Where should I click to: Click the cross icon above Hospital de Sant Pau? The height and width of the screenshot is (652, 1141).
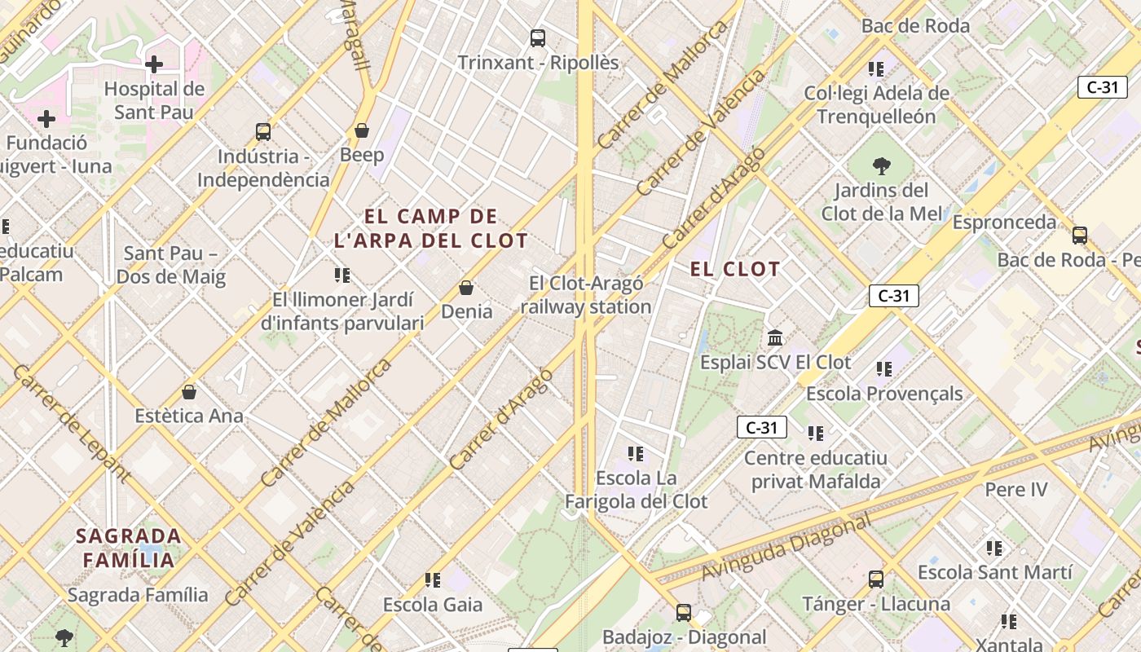point(154,64)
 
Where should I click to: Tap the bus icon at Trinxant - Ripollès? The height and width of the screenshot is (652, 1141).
point(538,37)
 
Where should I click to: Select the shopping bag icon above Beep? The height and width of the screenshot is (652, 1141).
point(362,130)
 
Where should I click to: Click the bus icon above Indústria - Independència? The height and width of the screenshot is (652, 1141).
point(263,131)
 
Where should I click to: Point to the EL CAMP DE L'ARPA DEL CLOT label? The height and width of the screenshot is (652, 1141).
point(431,229)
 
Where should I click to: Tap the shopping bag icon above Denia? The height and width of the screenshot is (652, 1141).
point(466,288)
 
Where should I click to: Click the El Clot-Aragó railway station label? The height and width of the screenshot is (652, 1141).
point(585,295)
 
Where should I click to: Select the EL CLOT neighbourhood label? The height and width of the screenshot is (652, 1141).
point(735,269)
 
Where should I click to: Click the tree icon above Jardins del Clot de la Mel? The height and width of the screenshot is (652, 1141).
point(881,166)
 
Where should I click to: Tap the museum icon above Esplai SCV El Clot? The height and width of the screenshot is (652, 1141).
point(775,337)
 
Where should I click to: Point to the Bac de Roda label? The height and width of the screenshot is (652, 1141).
point(915,26)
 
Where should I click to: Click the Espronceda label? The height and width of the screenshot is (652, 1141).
point(1004,222)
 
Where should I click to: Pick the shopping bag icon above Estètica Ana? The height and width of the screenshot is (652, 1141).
point(189,392)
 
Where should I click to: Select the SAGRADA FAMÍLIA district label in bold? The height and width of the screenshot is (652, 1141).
point(129,548)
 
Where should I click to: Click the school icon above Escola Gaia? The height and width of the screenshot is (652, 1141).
point(433,580)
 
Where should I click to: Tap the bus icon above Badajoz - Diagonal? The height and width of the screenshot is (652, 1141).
point(684,612)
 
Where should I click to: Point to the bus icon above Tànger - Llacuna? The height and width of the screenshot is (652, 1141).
point(876,579)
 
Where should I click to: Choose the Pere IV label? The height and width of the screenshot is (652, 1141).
point(1016,490)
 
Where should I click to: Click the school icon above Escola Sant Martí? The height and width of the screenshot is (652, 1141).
point(994,548)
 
